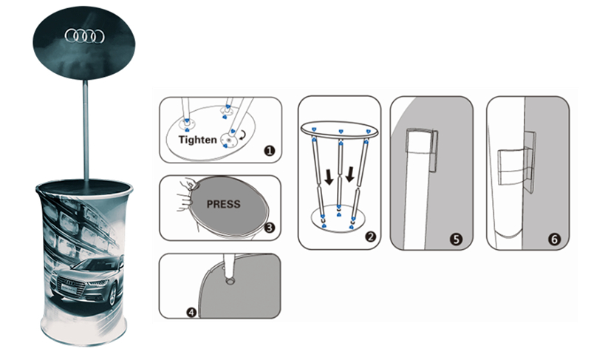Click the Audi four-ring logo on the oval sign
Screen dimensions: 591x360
pyautogui.click(x=85, y=36)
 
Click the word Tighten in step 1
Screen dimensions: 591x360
pyautogui.click(x=197, y=140)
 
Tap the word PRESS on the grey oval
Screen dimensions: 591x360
pyautogui.click(x=224, y=204)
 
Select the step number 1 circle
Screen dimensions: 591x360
pyautogui.click(x=269, y=151)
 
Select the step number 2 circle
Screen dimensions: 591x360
pyautogui.click(x=370, y=237)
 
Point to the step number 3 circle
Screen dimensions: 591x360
pyautogui.click(x=270, y=228)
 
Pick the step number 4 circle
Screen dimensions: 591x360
pyautogui.click(x=192, y=313)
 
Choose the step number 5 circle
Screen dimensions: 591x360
pyautogui.click(x=456, y=239)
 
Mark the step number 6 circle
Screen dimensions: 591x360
pyautogui.click(x=554, y=239)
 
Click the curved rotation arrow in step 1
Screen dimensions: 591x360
pyautogui.click(x=244, y=135)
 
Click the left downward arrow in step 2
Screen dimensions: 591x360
pyautogui.click(x=329, y=177)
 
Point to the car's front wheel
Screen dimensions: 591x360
pyautogui.click(x=113, y=297)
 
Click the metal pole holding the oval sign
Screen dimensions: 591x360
pyautogui.click(x=86, y=130)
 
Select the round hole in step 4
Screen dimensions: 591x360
pyautogui.click(x=230, y=281)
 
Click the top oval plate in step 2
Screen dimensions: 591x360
pyautogui.click(x=339, y=129)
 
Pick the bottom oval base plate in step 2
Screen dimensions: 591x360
pyautogui.click(x=338, y=219)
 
